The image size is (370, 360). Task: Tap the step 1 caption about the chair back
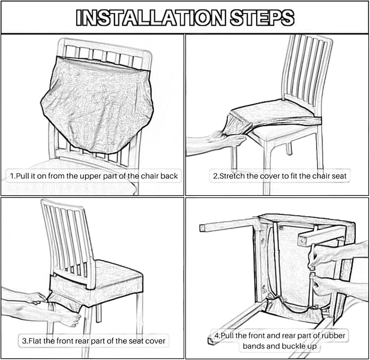(x=94, y=176)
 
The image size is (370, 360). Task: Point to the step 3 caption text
(x=94, y=341)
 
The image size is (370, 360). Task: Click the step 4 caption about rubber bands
(x=278, y=340)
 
